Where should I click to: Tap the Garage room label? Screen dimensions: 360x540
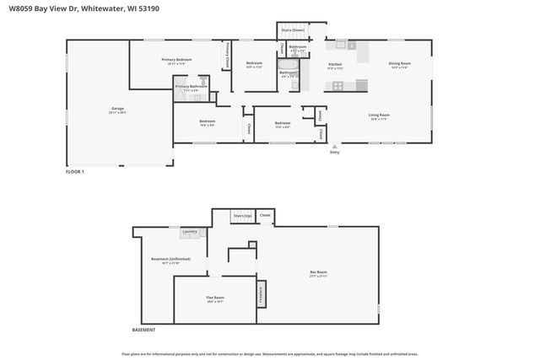(117, 109)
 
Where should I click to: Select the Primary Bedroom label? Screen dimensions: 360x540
(178, 60)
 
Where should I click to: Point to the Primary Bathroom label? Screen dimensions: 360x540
(191, 86)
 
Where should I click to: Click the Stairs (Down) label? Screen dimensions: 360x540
(292, 30)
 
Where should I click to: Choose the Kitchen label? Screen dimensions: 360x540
(335, 64)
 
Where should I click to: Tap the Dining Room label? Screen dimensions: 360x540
(399, 64)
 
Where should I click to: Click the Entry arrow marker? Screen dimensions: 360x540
(335, 146)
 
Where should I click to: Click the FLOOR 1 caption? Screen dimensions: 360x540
(75, 171)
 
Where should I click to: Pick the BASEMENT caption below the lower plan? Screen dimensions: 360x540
(143, 329)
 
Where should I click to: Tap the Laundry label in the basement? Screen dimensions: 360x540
(190, 231)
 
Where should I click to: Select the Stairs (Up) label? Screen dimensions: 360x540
(242, 216)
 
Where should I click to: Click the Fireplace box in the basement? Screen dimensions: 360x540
(261, 295)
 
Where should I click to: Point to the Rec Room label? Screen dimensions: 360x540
(317, 271)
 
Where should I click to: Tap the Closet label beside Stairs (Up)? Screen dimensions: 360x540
(265, 216)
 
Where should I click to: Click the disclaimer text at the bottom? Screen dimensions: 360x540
(270, 354)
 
